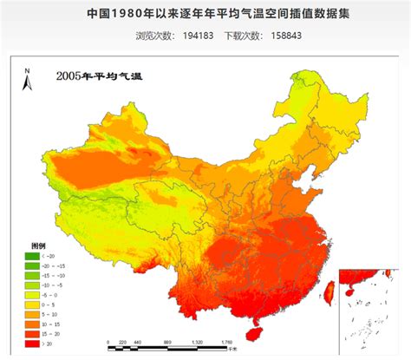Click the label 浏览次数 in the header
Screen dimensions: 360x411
tap(155, 36)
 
